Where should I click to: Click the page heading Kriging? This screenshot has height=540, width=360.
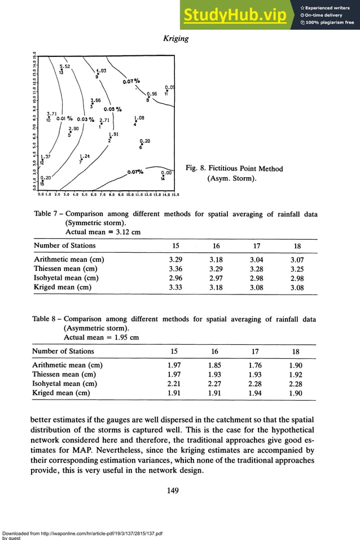175,38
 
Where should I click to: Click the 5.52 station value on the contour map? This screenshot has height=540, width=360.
65,67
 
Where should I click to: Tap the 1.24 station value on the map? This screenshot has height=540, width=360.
85,156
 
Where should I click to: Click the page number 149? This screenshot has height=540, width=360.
173,490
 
